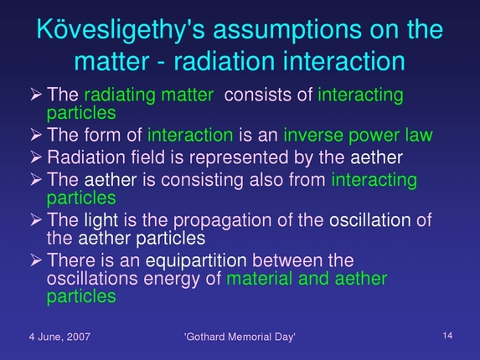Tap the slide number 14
(x=446, y=335)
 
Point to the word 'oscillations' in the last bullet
(x=85, y=278)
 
